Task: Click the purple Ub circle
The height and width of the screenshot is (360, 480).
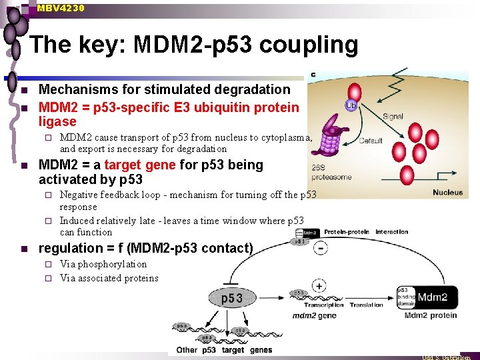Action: point(350,105)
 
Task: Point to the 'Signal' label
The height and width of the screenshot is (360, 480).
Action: point(392,116)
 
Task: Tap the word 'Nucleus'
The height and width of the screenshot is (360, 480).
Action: point(447,193)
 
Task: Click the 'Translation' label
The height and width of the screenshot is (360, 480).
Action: point(367,305)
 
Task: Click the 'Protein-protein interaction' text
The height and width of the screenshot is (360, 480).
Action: point(366,232)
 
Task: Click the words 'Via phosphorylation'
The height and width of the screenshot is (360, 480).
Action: point(103,264)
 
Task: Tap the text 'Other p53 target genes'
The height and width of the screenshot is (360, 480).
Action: point(224,350)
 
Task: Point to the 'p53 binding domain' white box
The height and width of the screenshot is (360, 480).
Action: point(406,297)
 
